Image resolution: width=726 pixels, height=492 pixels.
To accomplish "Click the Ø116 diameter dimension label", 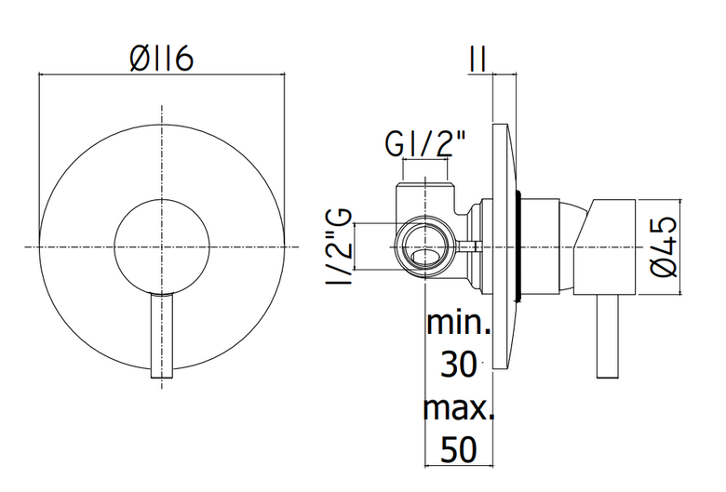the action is tap(161, 60).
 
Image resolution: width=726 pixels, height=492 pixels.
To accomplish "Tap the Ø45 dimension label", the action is tap(664, 246).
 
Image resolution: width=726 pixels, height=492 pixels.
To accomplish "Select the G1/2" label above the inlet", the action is tap(425, 143).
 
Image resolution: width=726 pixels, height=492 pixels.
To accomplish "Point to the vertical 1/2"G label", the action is tap(339, 246).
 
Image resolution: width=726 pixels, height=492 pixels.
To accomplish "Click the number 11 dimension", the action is tap(477, 60).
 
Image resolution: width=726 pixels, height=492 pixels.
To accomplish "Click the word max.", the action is tap(458, 407).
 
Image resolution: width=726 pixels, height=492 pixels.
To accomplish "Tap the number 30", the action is tap(458, 365).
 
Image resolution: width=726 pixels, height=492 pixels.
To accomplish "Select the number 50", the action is tap(458, 449).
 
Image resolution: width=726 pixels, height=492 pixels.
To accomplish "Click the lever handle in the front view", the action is tap(162, 336).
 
